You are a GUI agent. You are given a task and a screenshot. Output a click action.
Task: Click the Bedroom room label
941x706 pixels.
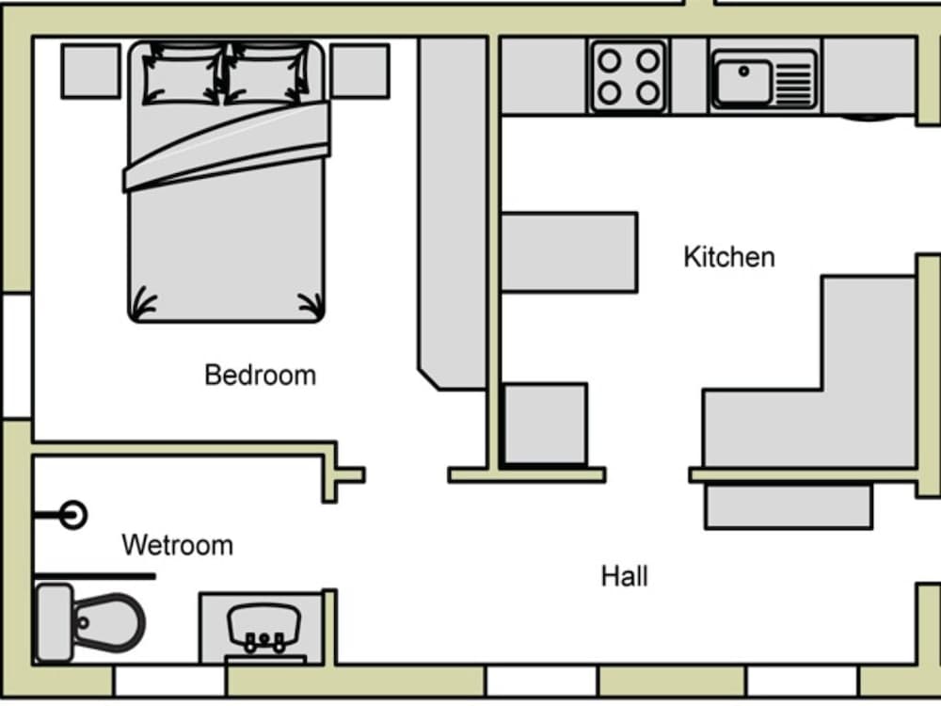click(x=260, y=376)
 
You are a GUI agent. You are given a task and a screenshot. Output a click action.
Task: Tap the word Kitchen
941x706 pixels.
click(x=729, y=257)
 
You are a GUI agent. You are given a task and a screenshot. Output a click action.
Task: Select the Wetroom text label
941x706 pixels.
click(x=177, y=545)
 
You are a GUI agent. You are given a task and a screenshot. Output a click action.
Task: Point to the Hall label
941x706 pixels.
click(x=624, y=576)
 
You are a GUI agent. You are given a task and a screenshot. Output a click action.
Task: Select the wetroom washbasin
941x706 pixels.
click(x=264, y=627)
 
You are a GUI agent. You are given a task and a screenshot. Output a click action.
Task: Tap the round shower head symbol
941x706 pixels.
click(x=73, y=515)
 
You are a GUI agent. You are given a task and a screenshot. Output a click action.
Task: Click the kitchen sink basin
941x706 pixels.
click(x=743, y=81)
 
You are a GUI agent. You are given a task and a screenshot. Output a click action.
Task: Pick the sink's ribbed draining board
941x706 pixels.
click(x=793, y=82)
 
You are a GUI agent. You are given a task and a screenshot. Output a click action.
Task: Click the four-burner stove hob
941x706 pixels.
click(x=629, y=77)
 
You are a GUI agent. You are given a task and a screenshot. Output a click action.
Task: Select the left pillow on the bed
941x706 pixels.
click(x=183, y=73)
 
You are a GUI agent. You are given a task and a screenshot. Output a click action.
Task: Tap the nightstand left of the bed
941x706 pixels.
click(x=90, y=71)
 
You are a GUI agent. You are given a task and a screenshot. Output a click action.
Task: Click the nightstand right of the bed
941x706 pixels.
click(x=360, y=71)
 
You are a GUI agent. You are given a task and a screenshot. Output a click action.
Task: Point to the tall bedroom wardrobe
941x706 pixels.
click(x=453, y=213)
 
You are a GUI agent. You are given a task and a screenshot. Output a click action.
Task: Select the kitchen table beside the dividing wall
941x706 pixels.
click(x=569, y=252)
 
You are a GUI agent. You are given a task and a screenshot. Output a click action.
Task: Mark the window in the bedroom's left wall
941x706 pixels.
click(x=16, y=356)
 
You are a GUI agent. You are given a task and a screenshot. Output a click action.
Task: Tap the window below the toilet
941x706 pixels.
click(x=169, y=682)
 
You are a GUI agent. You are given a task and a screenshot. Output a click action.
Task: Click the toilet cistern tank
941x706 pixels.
click(x=55, y=622)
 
